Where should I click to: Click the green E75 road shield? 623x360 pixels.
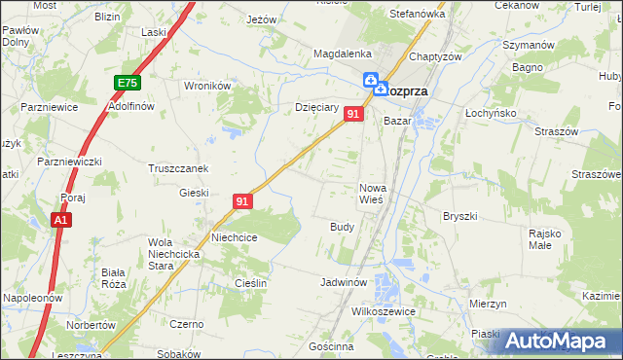point(127,84)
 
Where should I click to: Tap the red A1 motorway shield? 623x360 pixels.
point(61,221)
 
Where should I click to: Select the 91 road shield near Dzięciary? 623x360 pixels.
point(353,115)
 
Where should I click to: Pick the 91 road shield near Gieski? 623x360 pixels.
point(243,201)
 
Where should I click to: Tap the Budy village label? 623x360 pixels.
point(342,226)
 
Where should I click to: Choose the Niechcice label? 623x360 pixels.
point(235,236)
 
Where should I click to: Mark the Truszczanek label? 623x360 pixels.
point(178,167)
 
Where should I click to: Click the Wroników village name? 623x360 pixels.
point(206,86)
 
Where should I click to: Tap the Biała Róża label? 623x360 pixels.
point(114,279)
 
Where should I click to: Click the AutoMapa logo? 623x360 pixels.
point(560,341)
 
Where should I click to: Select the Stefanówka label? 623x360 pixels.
point(417,15)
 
